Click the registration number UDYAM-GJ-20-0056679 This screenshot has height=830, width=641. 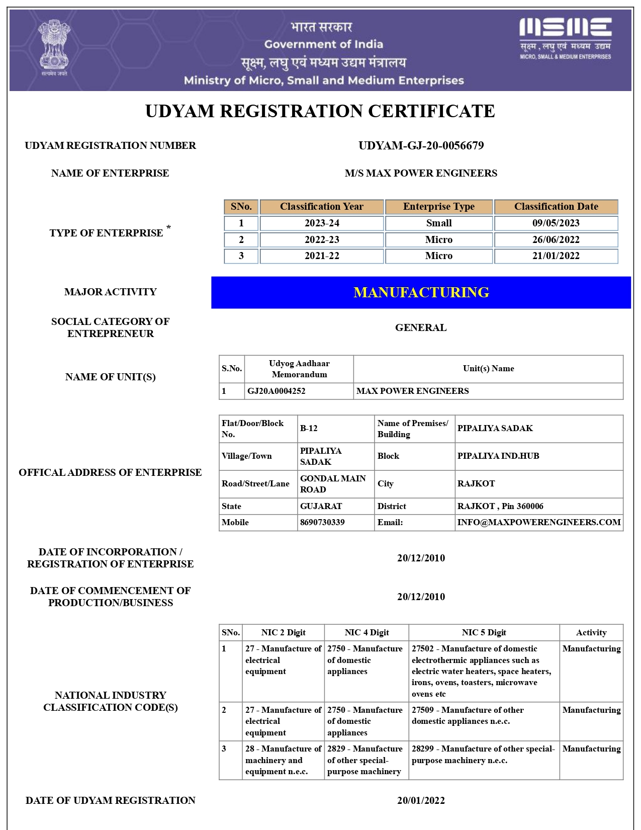421,146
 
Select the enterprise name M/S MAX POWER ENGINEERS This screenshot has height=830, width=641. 421,174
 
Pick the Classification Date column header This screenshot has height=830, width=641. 556,207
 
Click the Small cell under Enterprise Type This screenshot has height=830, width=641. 438,223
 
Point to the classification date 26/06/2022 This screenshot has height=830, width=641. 556,240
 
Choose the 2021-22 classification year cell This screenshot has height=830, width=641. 322,256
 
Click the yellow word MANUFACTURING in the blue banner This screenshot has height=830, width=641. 421,293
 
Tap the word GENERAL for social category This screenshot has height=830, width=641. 421,328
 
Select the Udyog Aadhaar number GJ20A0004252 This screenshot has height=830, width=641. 276,391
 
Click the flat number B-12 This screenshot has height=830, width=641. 309,429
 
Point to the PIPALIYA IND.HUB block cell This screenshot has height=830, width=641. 498,456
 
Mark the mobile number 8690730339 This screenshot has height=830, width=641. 322,523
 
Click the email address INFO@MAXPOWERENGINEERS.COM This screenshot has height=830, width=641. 538,523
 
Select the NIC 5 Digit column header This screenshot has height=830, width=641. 484,633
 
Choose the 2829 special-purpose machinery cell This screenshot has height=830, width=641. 364,760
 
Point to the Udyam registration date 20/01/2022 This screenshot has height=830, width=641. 421,801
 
